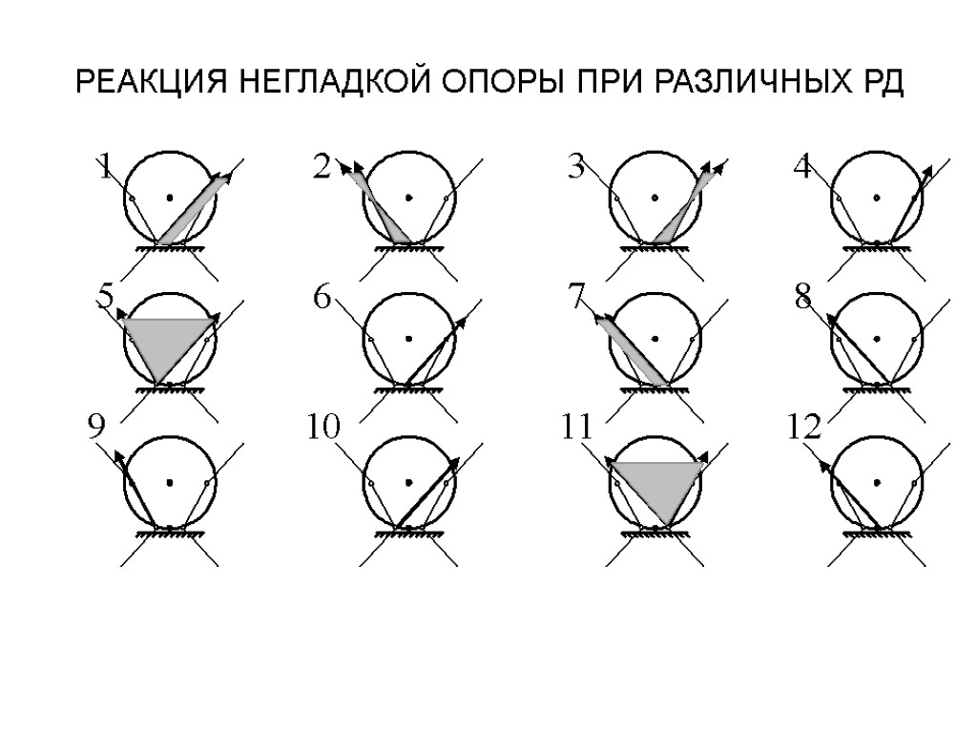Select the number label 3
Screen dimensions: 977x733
tap(575, 169)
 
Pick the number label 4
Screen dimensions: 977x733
tap(802, 169)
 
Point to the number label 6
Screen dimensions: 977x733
tap(322, 299)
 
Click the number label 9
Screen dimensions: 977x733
tap(95, 429)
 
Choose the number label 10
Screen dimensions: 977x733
tap(323, 429)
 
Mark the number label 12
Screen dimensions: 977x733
tap(804, 429)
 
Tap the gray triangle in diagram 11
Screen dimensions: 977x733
tap(656, 484)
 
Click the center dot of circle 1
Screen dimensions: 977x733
tap(170, 198)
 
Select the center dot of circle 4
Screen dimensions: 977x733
tap(878, 198)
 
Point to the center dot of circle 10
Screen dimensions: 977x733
tap(408, 482)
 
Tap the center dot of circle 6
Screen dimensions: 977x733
tap(408, 339)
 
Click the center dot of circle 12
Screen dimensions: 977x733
tap(878, 482)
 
